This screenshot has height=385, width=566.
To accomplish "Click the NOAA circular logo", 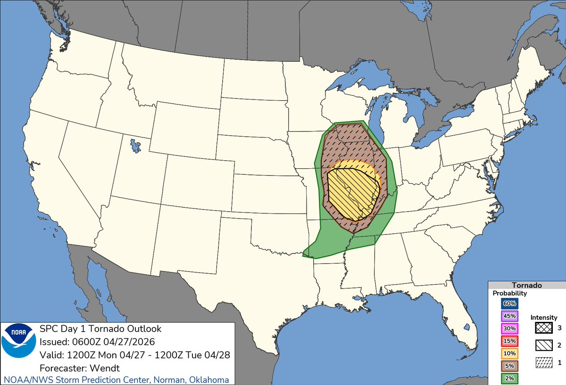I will click(18, 347).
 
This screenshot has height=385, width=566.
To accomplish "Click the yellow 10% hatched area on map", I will click(351, 193).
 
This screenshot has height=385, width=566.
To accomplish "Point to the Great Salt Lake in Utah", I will click(136, 145).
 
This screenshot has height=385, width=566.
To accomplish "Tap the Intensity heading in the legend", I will click(543, 318).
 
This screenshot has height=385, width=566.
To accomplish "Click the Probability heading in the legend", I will click(510, 293).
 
